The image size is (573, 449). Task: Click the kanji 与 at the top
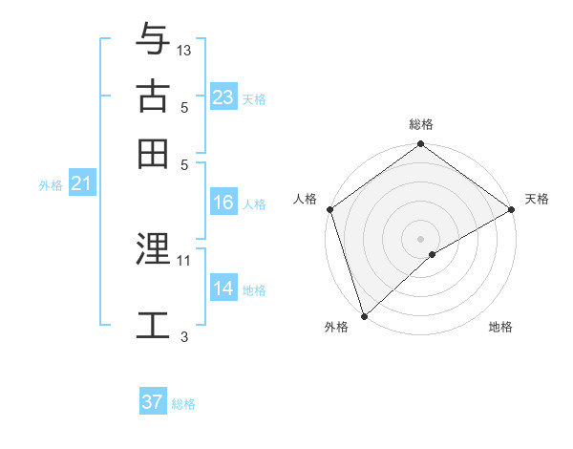[x=154, y=39]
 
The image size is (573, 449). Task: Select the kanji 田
[x=154, y=153]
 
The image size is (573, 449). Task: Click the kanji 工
[x=154, y=324]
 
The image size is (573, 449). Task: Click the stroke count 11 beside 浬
[x=184, y=259]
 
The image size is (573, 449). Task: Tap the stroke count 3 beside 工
[x=184, y=336]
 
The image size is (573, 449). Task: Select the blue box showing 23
[x=223, y=97]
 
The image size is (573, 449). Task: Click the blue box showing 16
[x=223, y=203]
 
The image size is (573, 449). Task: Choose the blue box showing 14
[x=223, y=289]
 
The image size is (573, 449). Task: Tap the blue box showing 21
[x=81, y=184]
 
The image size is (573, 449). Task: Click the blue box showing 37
[x=153, y=402]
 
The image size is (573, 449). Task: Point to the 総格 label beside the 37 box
[x=183, y=404]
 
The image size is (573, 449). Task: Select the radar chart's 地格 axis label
[x=500, y=328]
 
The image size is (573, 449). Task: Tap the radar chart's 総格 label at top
[x=421, y=124]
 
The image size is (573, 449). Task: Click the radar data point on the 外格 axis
[x=363, y=315]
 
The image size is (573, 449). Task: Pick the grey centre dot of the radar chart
[x=420, y=238]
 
